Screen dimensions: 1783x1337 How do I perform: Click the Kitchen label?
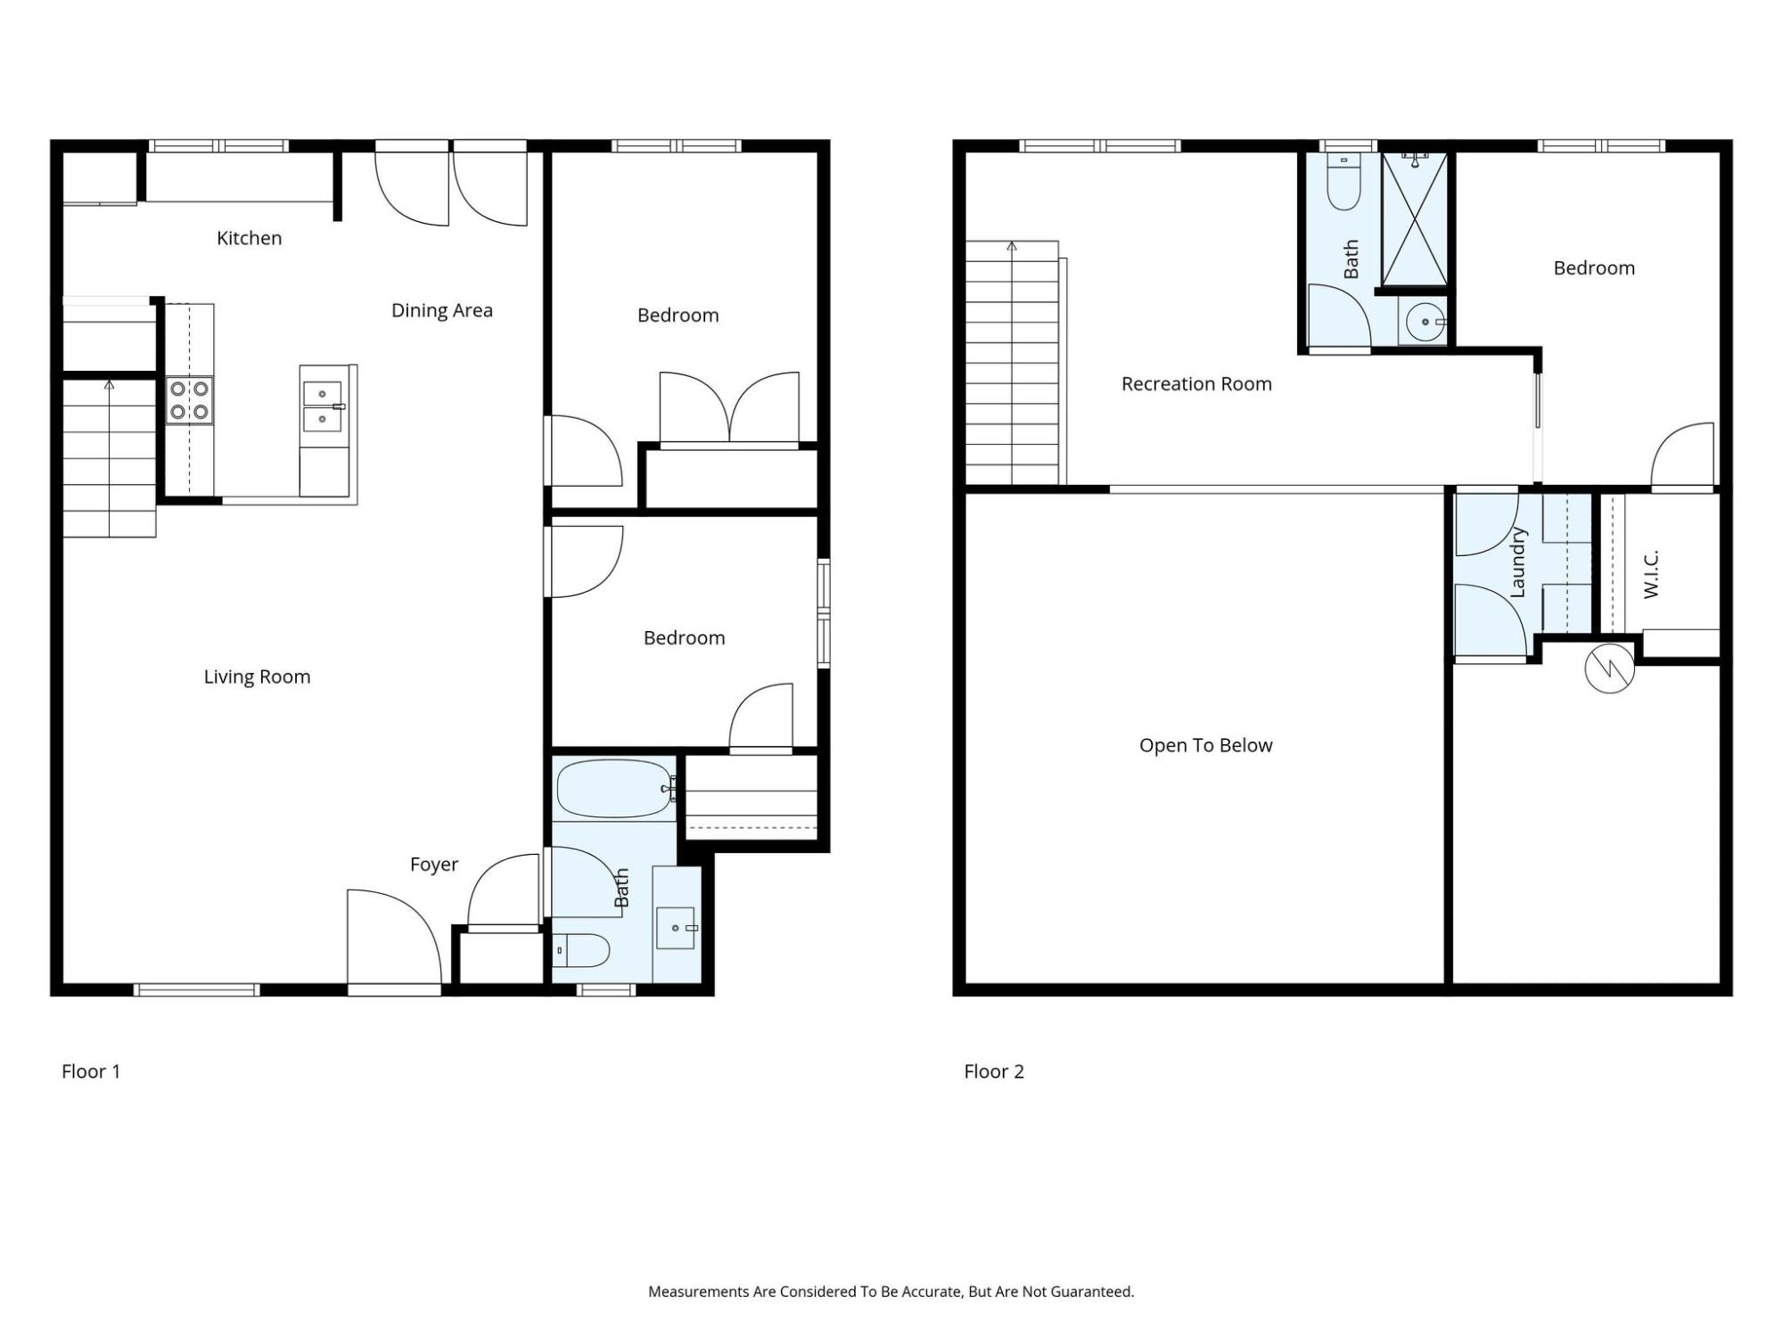click(x=250, y=238)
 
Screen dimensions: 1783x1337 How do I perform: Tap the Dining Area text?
click(x=442, y=310)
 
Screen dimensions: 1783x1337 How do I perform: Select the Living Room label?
click(x=257, y=677)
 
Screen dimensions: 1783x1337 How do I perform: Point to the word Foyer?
click(x=434, y=865)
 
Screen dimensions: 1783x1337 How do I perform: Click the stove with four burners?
click(x=190, y=400)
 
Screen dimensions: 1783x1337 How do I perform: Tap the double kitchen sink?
click(x=322, y=406)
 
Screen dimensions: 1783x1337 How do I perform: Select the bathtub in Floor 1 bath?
click(x=614, y=789)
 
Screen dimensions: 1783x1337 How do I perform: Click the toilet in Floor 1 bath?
click(x=580, y=950)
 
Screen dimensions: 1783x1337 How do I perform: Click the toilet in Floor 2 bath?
click(x=1343, y=182)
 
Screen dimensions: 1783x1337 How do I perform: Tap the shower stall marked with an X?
click(x=1415, y=219)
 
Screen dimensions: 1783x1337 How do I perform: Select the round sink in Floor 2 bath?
click(x=1426, y=322)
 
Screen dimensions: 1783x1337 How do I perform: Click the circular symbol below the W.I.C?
click(x=1610, y=668)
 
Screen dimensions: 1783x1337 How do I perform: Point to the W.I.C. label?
click(x=1650, y=574)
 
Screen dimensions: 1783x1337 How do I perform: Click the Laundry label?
click(x=1518, y=562)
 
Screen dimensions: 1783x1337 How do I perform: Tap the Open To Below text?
click(x=1205, y=745)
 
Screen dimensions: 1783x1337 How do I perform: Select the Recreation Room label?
click(x=1196, y=384)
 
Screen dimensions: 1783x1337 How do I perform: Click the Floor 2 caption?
click(x=994, y=1071)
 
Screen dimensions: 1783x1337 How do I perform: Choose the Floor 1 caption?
click(x=91, y=1071)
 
